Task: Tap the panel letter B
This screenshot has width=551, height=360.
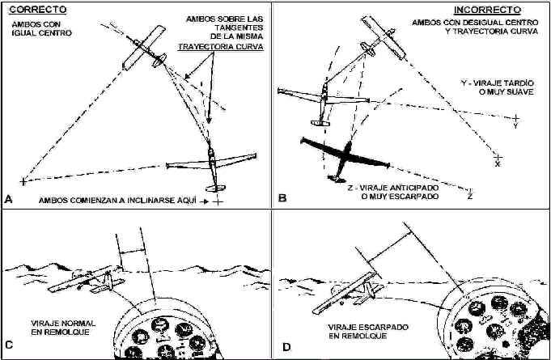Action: click(x=282, y=197)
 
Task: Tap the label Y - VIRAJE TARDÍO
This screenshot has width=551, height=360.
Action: click(x=490, y=84)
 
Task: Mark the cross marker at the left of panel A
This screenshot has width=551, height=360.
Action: click(x=23, y=180)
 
